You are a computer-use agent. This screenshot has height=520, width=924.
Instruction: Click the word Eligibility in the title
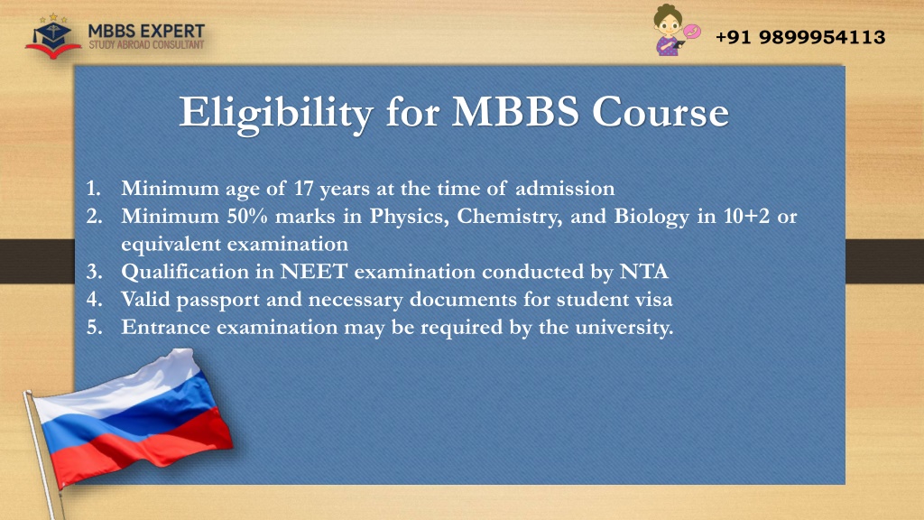coord(276,113)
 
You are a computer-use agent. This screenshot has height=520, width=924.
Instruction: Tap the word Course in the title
coord(660,112)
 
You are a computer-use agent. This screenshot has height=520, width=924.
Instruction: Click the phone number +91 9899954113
coord(800,37)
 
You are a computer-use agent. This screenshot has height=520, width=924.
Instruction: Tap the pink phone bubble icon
coord(691,32)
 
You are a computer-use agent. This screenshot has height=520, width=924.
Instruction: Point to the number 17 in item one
coord(303,188)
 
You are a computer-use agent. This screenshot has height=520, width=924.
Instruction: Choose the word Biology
coord(651,217)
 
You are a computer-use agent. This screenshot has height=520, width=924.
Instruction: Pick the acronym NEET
coord(313,272)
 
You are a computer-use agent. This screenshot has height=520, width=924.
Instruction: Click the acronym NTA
coord(644,272)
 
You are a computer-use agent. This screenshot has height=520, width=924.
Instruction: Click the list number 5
coord(94,327)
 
